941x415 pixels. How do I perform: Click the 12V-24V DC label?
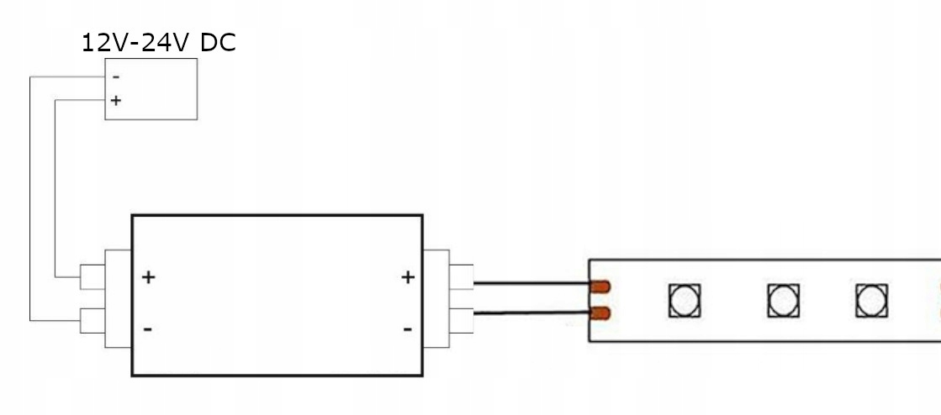(158, 42)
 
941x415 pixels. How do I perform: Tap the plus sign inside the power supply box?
(115, 101)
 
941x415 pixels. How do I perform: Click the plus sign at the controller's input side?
(149, 276)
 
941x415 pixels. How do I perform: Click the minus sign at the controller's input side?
(148, 328)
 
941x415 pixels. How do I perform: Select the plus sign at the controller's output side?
(408, 276)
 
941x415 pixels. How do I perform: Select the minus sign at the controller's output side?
(408, 328)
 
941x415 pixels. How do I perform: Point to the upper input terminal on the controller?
(93, 276)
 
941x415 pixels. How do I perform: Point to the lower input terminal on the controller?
(93, 320)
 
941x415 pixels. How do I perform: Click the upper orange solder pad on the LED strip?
(600, 286)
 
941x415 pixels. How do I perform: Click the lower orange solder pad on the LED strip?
(600, 314)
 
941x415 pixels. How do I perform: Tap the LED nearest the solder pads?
(685, 300)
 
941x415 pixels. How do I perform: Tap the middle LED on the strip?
(784, 300)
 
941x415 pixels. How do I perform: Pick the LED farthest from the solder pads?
(872, 300)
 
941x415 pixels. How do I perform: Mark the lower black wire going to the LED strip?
(530, 313)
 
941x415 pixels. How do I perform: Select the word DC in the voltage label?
(218, 42)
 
